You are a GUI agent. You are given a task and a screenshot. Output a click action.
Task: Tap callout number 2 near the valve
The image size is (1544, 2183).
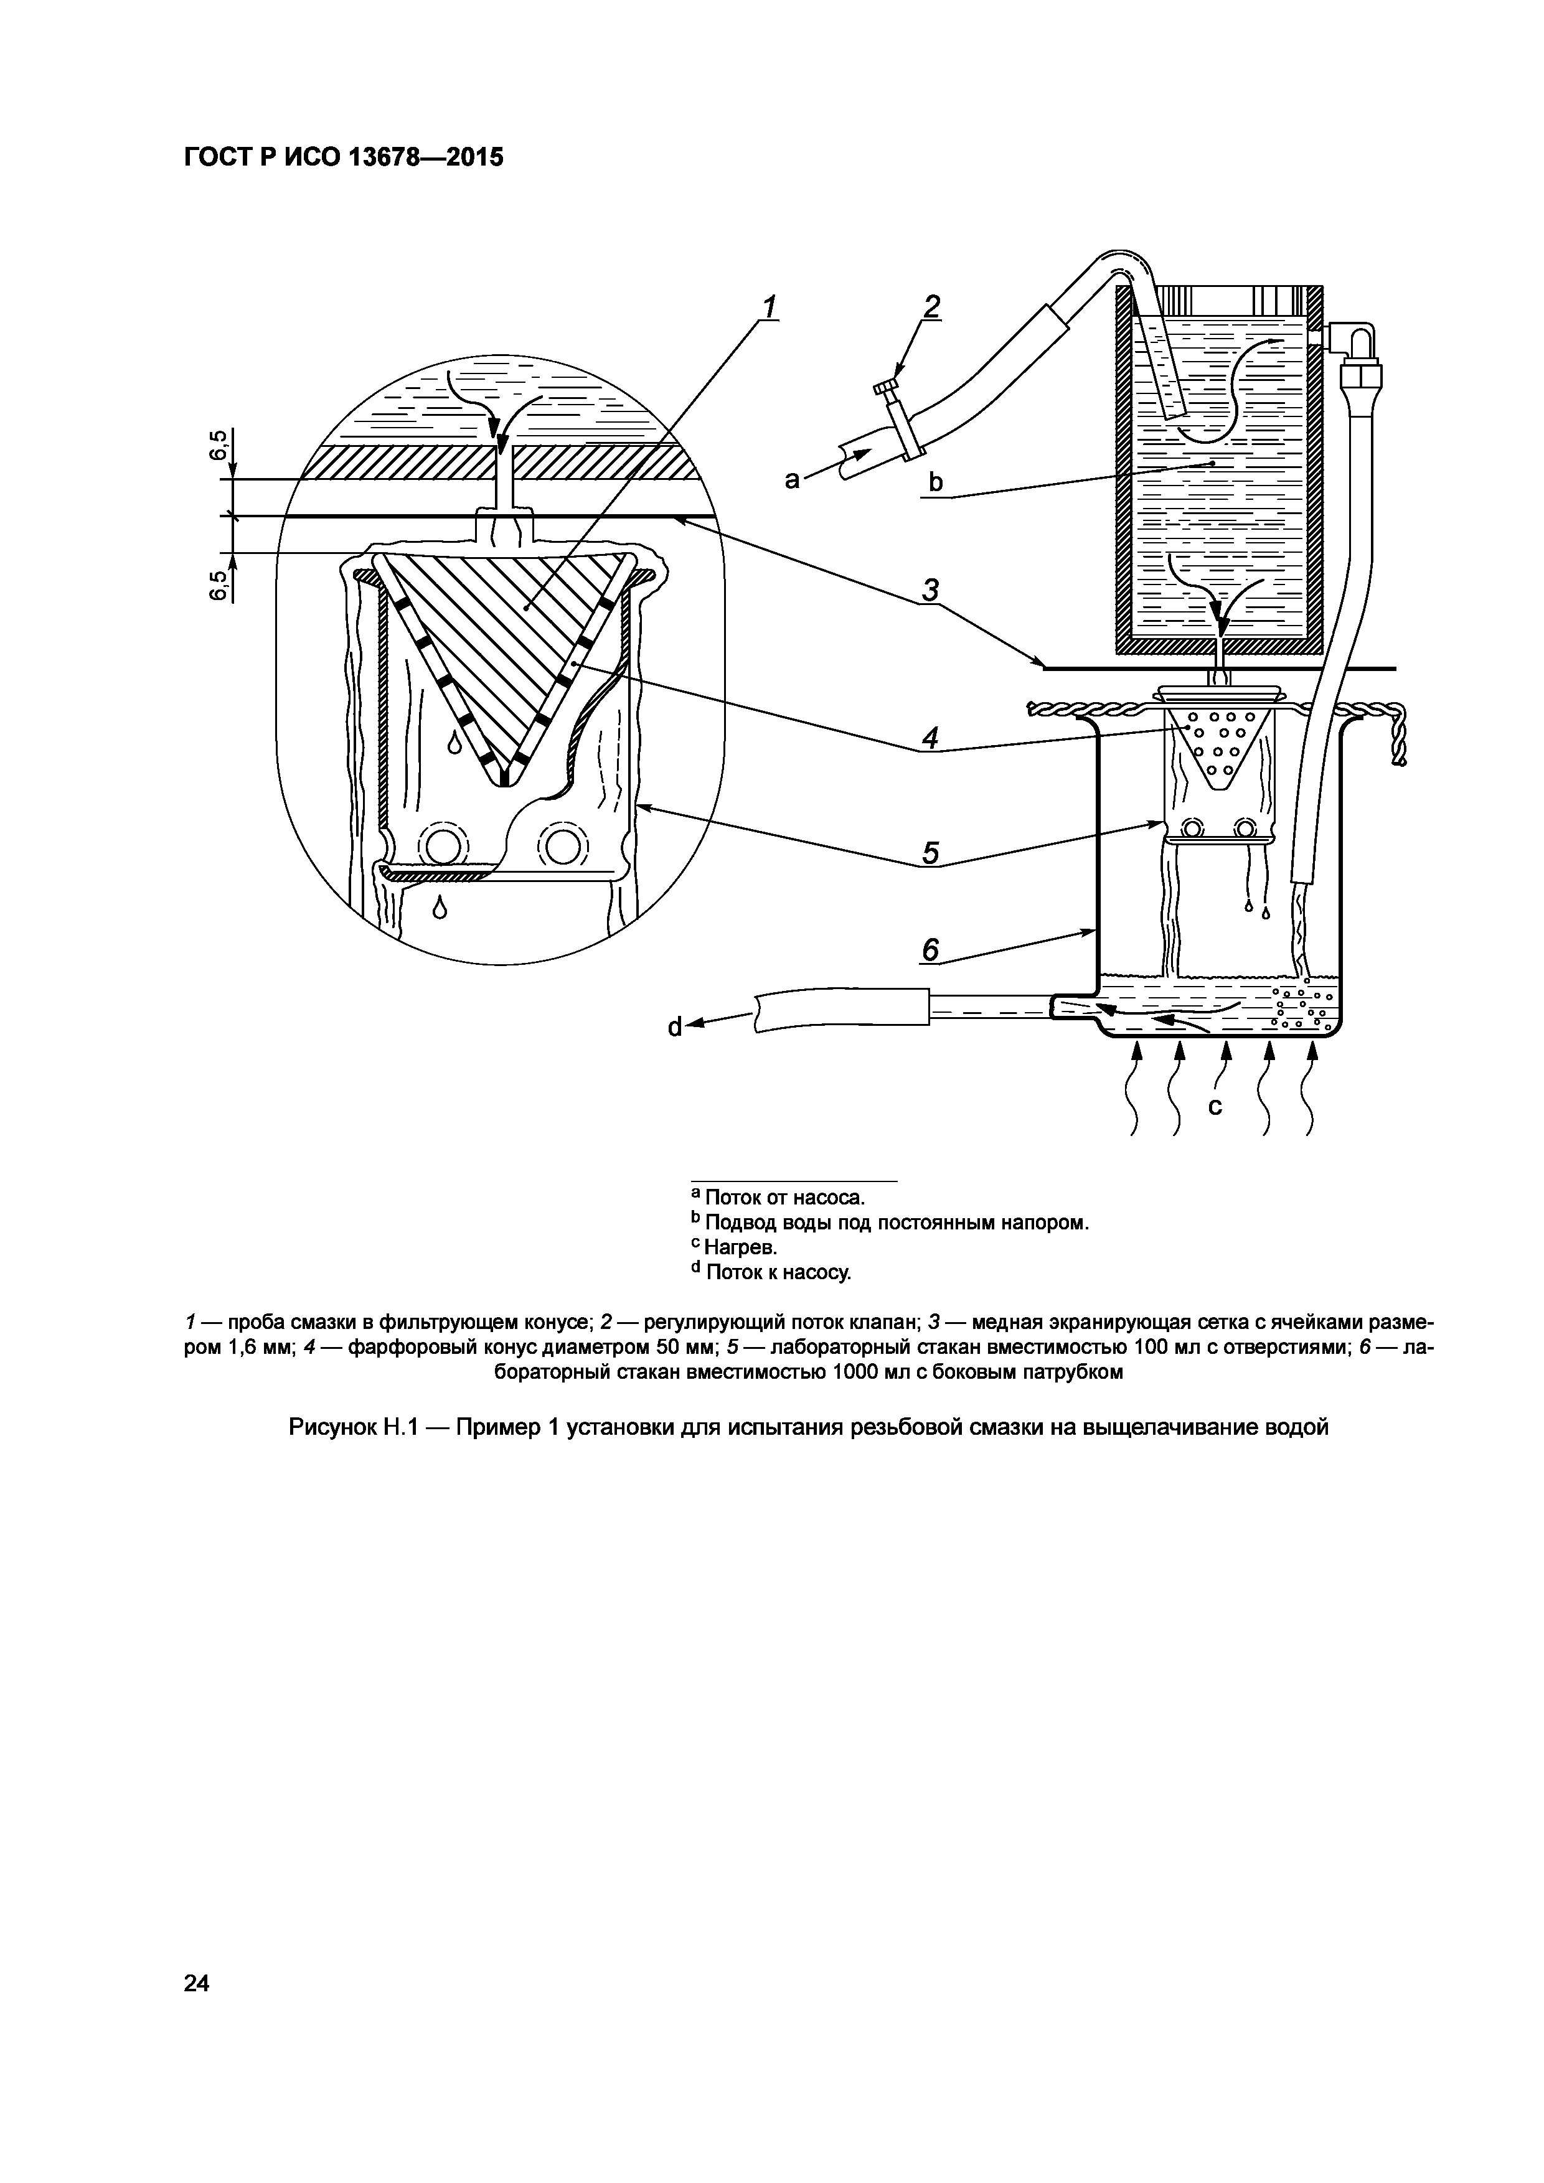coord(931,306)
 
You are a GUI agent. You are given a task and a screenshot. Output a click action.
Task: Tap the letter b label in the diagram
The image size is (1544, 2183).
coord(936,483)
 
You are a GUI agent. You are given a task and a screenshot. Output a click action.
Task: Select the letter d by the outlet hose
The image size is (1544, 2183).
coord(675,1027)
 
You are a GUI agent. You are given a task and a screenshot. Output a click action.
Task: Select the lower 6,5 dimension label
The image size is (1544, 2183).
coord(220,584)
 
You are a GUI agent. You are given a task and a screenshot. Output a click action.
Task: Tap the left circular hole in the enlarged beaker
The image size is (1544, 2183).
coord(441,843)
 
